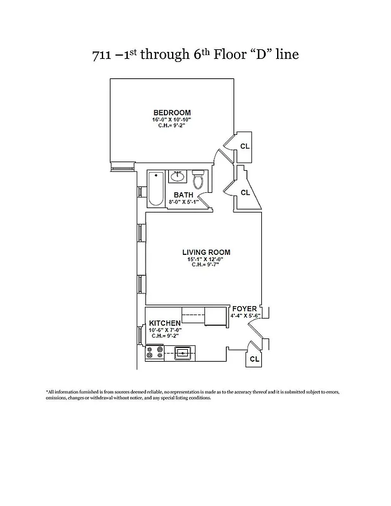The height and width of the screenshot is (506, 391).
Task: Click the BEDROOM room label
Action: pos(171,113)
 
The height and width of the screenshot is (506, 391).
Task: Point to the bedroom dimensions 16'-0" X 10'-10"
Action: pos(171,120)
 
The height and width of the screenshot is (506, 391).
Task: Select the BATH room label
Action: pos(183,195)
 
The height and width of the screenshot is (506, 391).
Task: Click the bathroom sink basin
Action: pos(178,176)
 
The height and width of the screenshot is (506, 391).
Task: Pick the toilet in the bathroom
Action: pos(198,181)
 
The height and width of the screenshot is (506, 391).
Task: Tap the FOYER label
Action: pos(244,309)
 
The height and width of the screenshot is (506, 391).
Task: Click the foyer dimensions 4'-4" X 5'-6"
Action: pos(245,315)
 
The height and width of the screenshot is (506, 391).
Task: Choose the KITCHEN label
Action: pos(164,323)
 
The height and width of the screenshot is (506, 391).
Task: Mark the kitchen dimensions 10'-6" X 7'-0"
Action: pos(164,330)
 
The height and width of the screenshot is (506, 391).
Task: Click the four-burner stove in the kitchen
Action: pos(154,353)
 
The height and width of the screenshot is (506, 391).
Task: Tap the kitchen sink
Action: pos(183,353)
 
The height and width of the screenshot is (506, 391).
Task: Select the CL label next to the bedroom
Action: pos(245,146)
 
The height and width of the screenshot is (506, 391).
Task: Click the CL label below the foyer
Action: pos(254,359)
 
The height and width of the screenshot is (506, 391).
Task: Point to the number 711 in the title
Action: pos(103,55)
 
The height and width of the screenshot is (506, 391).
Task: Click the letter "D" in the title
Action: pos(260,55)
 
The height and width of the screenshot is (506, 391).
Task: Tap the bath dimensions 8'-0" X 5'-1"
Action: pos(184,202)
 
